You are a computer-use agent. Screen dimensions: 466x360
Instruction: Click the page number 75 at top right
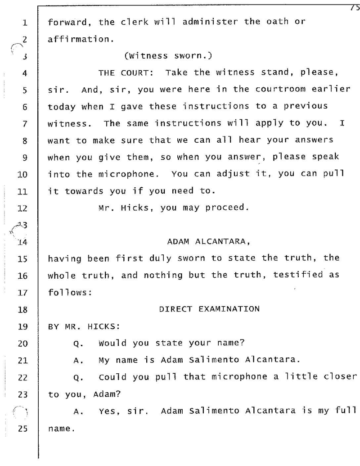[355, 4]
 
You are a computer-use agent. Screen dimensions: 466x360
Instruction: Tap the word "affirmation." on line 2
[72, 39]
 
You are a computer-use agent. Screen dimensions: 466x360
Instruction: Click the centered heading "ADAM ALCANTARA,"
[208, 241]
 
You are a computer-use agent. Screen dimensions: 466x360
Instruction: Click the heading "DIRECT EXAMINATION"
[209, 309]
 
